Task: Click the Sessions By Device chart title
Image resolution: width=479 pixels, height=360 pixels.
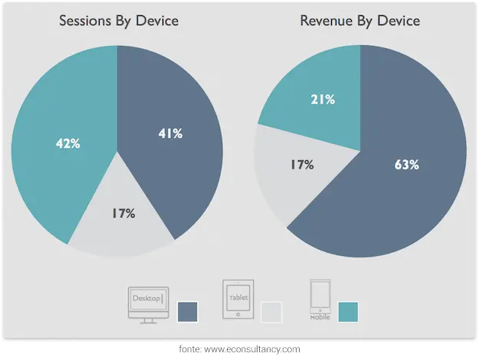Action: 119,20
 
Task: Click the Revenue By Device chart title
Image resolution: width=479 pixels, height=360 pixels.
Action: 360,20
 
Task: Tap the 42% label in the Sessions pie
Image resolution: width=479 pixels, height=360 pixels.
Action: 68,143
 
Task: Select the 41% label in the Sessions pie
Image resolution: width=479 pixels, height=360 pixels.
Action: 169,133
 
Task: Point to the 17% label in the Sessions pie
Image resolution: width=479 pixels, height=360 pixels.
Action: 123,214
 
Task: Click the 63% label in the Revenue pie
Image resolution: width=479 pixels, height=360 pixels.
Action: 405,164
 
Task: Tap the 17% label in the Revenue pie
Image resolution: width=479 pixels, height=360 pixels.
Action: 301,164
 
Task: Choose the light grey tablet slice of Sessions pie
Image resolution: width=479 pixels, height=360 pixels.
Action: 123,234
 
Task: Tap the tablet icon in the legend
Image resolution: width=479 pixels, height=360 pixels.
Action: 238,299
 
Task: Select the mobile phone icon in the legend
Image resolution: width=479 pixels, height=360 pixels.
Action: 320,299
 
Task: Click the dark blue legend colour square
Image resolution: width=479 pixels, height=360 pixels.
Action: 187,311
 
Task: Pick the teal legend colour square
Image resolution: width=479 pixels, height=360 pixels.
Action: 347,311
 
